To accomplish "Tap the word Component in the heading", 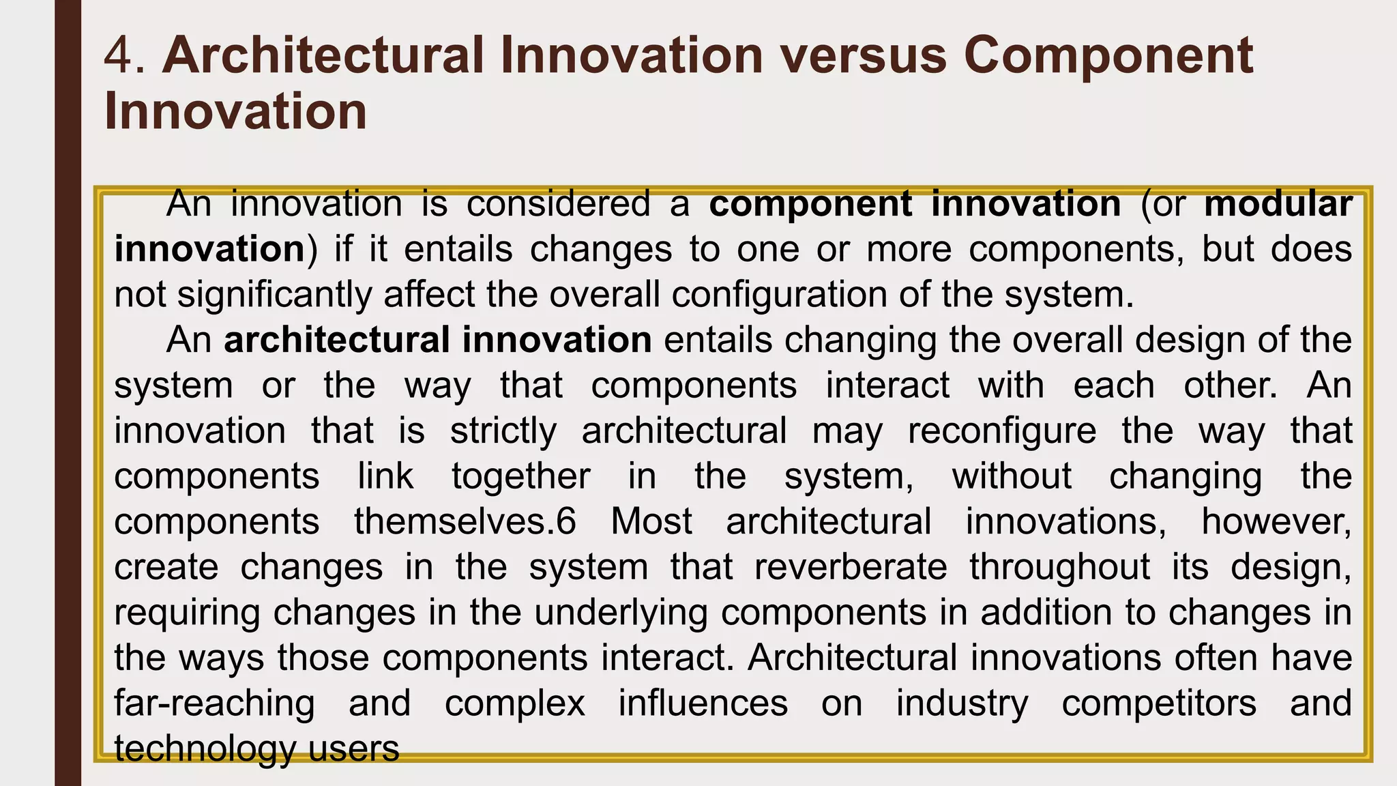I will [x=1108, y=56].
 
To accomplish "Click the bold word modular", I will [x=1278, y=204].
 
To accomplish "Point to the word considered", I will [x=559, y=204].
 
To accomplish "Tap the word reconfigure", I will [x=1002, y=431].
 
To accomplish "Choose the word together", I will [x=520, y=476].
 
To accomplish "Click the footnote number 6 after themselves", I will [x=566, y=522].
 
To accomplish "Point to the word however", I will [x=1276, y=522].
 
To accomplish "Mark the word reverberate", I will [x=851, y=568].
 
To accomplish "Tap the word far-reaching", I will [x=214, y=703].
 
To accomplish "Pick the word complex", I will [x=515, y=703].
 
